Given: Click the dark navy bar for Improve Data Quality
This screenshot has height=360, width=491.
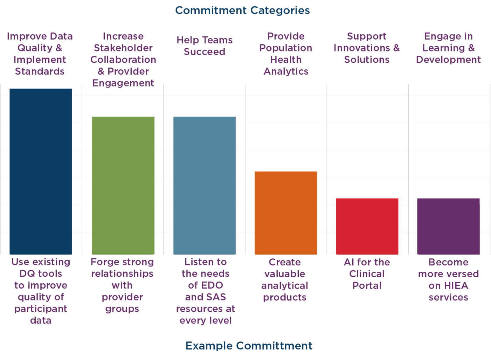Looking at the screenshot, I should (41, 172).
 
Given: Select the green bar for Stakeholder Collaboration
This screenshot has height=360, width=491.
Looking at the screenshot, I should (123, 186).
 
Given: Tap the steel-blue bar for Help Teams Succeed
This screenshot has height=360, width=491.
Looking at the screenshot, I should (205, 186).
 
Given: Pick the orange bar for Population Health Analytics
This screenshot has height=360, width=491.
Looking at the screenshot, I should (286, 213).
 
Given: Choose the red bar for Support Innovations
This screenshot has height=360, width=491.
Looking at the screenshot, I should (367, 226).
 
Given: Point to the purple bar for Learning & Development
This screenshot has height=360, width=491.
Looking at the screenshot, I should (448, 226).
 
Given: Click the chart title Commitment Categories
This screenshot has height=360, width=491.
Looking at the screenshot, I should (242, 11).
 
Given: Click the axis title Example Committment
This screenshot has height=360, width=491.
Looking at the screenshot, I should (249, 346).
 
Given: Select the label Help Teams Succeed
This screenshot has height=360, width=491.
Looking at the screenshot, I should (205, 46).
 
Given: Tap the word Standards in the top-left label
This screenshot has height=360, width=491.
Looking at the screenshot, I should (40, 71).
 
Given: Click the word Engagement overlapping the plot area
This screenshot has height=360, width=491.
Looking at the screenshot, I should (123, 83).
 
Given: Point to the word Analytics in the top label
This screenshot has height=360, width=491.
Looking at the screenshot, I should (286, 71).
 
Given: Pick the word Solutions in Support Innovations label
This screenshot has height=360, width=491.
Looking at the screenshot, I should (367, 60).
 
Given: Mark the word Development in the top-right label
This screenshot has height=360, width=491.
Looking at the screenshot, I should (448, 60).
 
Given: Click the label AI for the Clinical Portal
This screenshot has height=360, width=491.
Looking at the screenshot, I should (367, 274).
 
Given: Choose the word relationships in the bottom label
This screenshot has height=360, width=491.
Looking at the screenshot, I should (122, 274).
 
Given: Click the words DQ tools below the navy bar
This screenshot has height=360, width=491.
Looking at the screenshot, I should (41, 274).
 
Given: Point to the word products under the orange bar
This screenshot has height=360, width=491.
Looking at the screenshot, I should (284, 297).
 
